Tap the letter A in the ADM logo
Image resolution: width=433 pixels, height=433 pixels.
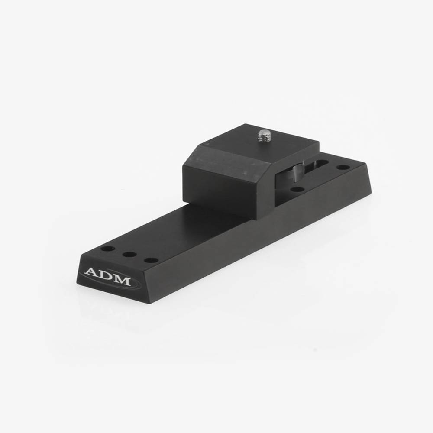coord(92,273)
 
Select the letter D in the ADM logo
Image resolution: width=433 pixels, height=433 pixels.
coord(107,277)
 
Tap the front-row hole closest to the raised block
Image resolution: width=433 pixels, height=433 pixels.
coord(151,261)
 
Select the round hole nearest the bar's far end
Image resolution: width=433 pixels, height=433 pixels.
coord(343,167)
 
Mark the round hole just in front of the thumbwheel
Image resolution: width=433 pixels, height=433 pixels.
coord(297,189)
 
